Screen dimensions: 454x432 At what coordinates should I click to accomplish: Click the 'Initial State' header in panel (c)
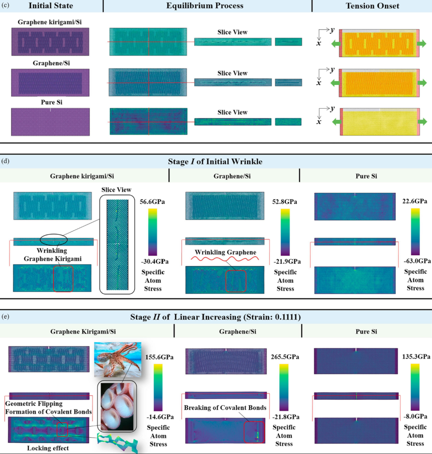coord(51,6)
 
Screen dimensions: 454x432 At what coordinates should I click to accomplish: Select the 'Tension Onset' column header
coord(372,6)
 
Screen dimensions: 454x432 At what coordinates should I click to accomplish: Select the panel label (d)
coord(6,160)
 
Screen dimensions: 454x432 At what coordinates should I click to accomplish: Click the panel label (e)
coord(6,316)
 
